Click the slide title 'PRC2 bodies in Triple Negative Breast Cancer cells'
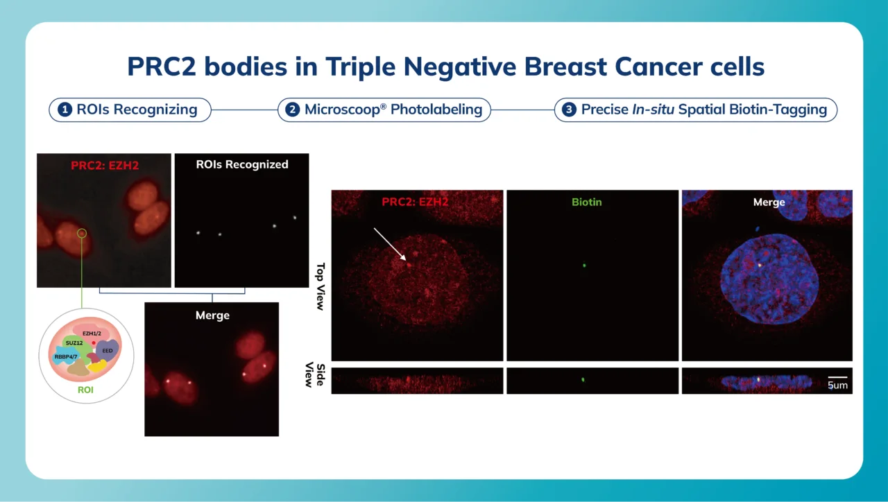[x=445, y=67]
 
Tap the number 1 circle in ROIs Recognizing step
[x=65, y=110]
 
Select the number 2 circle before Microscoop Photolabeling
[x=293, y=110]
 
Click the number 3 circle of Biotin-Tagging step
[x=569, y=110]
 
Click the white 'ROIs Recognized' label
[x=241, y=164]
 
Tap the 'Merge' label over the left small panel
[x=212, y=315]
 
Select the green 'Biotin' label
[x=586, y=202]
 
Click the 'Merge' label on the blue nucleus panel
[x=769, y=202]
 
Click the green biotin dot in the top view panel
[x=584, y=264]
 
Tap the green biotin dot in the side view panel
[x=583, y=380]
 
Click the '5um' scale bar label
[x=837, y=385]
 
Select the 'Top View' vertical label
[x=321, y=286]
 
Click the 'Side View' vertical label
[x=316, y=374]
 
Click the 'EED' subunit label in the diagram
[x=107, y=352]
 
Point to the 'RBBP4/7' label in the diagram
[x=65, y=358]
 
